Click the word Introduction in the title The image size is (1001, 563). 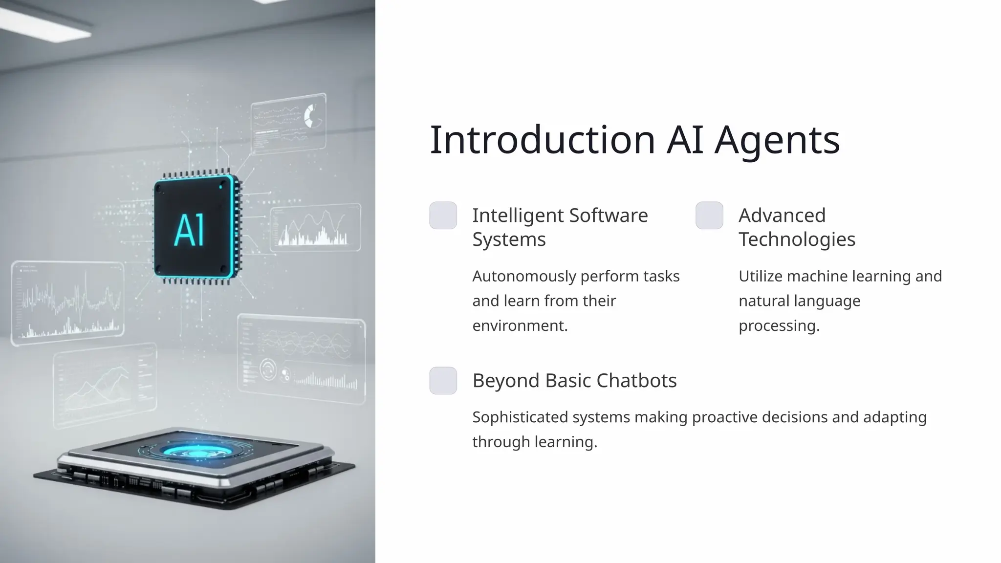[542, 140]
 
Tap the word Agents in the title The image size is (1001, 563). [777, 140]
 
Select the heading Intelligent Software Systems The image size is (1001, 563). [560, 227]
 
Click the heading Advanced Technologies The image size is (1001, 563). [797, 227]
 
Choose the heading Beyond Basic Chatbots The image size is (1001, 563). [574, 381]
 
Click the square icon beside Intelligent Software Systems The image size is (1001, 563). [443, 216]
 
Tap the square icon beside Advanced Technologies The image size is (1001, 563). [709, 216]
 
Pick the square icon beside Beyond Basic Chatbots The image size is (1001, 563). [443, 381]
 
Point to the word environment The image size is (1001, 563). [519, 325]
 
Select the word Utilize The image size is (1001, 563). [761, 277]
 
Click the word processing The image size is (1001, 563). [778, 326]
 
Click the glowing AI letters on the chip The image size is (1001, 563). [190, 230]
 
